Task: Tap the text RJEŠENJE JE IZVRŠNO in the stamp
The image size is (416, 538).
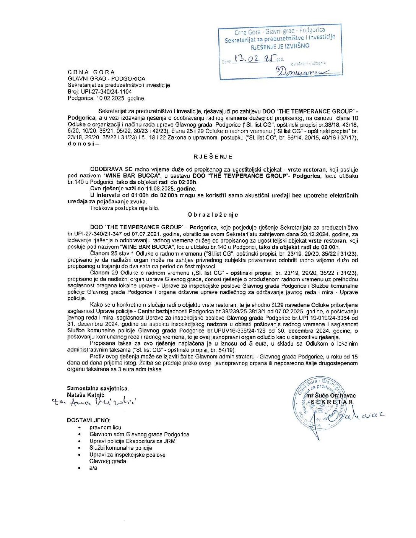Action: (280, 46)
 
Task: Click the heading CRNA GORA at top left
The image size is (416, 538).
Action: (91, 72)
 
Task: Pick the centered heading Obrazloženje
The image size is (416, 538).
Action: (213, 215)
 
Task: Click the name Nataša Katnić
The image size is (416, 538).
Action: (85, 395)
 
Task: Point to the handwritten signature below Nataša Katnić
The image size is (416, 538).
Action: (94, 402)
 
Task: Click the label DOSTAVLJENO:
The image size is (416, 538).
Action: (89, 420)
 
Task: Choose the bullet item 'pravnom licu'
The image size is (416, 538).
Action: (105, 428)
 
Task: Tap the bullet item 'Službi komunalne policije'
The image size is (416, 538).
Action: (120, 448)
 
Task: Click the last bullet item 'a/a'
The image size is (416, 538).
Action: (93, 468)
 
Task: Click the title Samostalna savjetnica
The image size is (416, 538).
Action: (97, 388)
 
